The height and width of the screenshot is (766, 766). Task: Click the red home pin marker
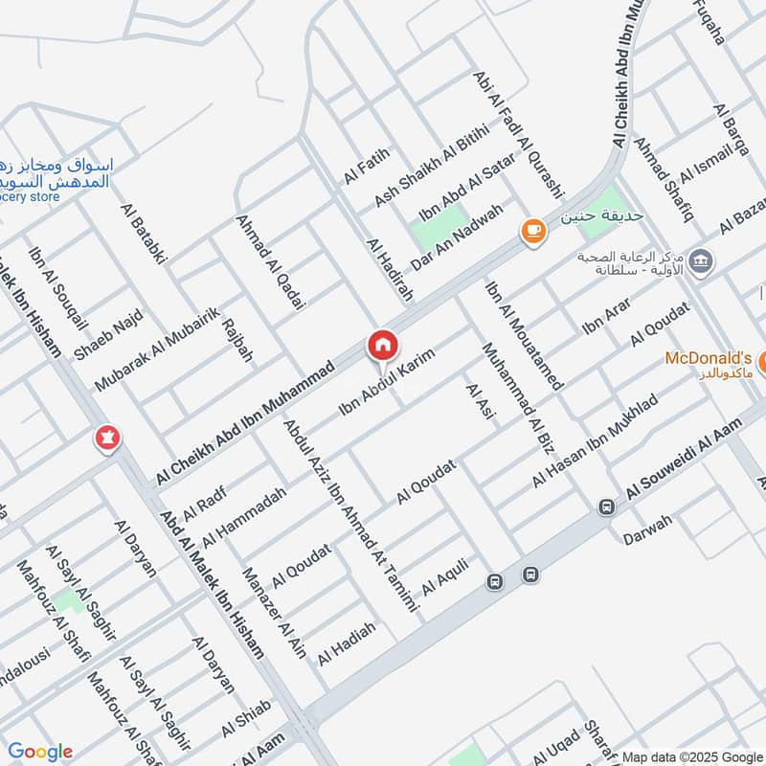pyautogui.click(x=382, y=346)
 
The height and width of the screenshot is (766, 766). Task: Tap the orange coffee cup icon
pyautogui.click(x=532, y=231)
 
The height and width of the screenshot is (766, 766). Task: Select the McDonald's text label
pyautogui.click(x=709, y=358)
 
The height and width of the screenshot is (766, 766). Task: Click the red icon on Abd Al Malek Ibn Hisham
pyautogui.click(x=106, y=439)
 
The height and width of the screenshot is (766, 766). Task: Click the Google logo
pyautogui.click(x=40, y=752)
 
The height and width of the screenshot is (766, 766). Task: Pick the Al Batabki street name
pyautogui.click(x=144, y=233)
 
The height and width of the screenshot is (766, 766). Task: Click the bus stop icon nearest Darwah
pyautogui.click(x=605, y=507)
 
